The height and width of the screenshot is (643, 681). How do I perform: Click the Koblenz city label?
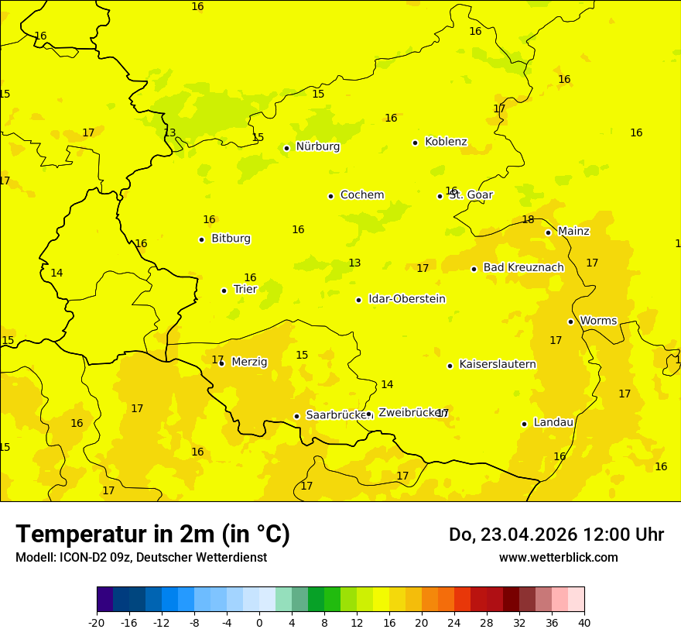coord(446,142)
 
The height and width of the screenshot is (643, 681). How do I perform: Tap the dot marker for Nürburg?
coord(286,148)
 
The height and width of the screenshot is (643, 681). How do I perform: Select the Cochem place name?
coord(362,195)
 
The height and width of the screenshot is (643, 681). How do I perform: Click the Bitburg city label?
coord(231,239)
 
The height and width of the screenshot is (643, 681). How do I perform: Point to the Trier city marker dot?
coord(224,291)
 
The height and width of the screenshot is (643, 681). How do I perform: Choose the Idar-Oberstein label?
coord(406,299)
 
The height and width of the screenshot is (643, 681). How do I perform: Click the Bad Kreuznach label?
coord(523,268)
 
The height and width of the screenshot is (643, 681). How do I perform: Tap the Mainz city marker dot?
coord(548,232)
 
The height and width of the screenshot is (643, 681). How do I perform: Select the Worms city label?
coord(598,321)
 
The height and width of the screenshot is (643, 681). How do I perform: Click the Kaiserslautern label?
coord(498,365)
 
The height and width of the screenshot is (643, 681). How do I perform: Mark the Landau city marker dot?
coord(525,424)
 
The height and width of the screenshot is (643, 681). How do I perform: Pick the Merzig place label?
coord(249,363)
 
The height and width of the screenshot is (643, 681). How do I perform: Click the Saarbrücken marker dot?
coord(296,416)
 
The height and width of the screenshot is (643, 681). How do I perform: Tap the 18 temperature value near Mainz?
coord(528,220)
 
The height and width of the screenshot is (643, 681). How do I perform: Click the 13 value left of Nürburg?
coord(169,132)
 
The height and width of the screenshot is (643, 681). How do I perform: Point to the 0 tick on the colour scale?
coord(259,623)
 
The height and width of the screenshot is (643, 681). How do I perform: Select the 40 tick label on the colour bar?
coord(584,623)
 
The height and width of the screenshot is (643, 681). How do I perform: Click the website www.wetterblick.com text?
coord(558,558)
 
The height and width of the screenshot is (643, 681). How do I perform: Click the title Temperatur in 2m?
coord(152,535)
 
